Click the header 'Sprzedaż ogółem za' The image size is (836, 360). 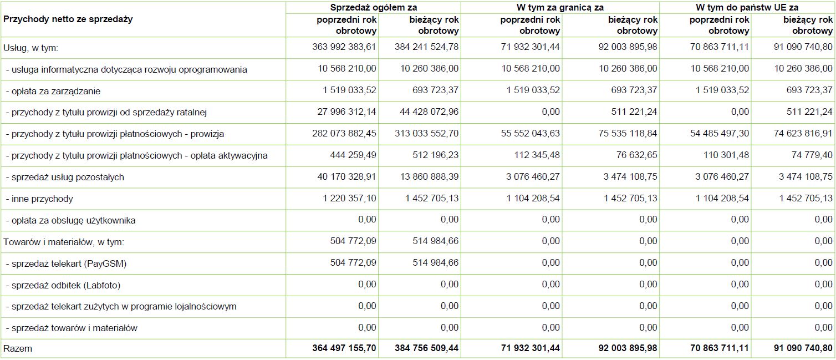pyautogui.click(x=373, y=7)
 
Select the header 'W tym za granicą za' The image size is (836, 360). pyautogui.click(x=560, y=7)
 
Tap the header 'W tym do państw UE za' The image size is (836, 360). pyautogui.click(x=747, y=7)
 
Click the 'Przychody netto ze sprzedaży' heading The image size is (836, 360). pyautogui.click(x=68, y=19)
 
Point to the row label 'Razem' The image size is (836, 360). pyautogui.click(x=18, y=349)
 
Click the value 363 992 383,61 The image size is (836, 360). pyautogui.click(x=344, y=47)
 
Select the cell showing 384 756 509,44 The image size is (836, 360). pyautogui.click(x=427, y=349)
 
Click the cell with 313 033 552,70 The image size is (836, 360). pyautogui.click(x=427, y=134)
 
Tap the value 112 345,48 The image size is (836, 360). pyautogui.click(x=533, y=155)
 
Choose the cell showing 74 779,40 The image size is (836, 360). pyautogui.click(x=809, y=155)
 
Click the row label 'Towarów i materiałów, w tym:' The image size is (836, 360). pyautogui.click(x=64, y=242)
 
